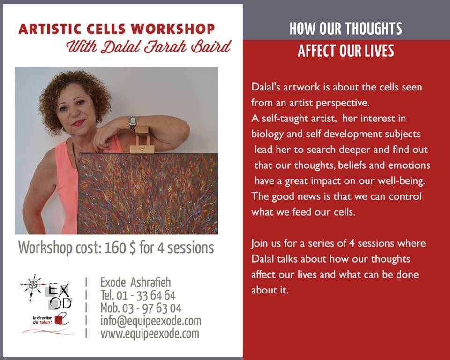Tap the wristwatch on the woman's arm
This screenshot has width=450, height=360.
pos(133,123)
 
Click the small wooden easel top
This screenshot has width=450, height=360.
pos(142,140)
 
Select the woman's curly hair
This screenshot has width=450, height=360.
pos(75,95)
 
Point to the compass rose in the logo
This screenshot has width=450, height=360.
pos(33,285)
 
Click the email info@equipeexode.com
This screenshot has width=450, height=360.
pos(150,321)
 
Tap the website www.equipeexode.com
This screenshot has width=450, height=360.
pos(150,334)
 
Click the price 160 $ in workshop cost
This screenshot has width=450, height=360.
pos(120,247)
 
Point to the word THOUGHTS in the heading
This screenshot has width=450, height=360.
pos(374,29)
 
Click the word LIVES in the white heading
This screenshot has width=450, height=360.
pos(379,51)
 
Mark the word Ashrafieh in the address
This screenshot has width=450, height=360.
pos(150,283)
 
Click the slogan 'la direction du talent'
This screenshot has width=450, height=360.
pos(43,320)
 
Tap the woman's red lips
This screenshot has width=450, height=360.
pos(78,123)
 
